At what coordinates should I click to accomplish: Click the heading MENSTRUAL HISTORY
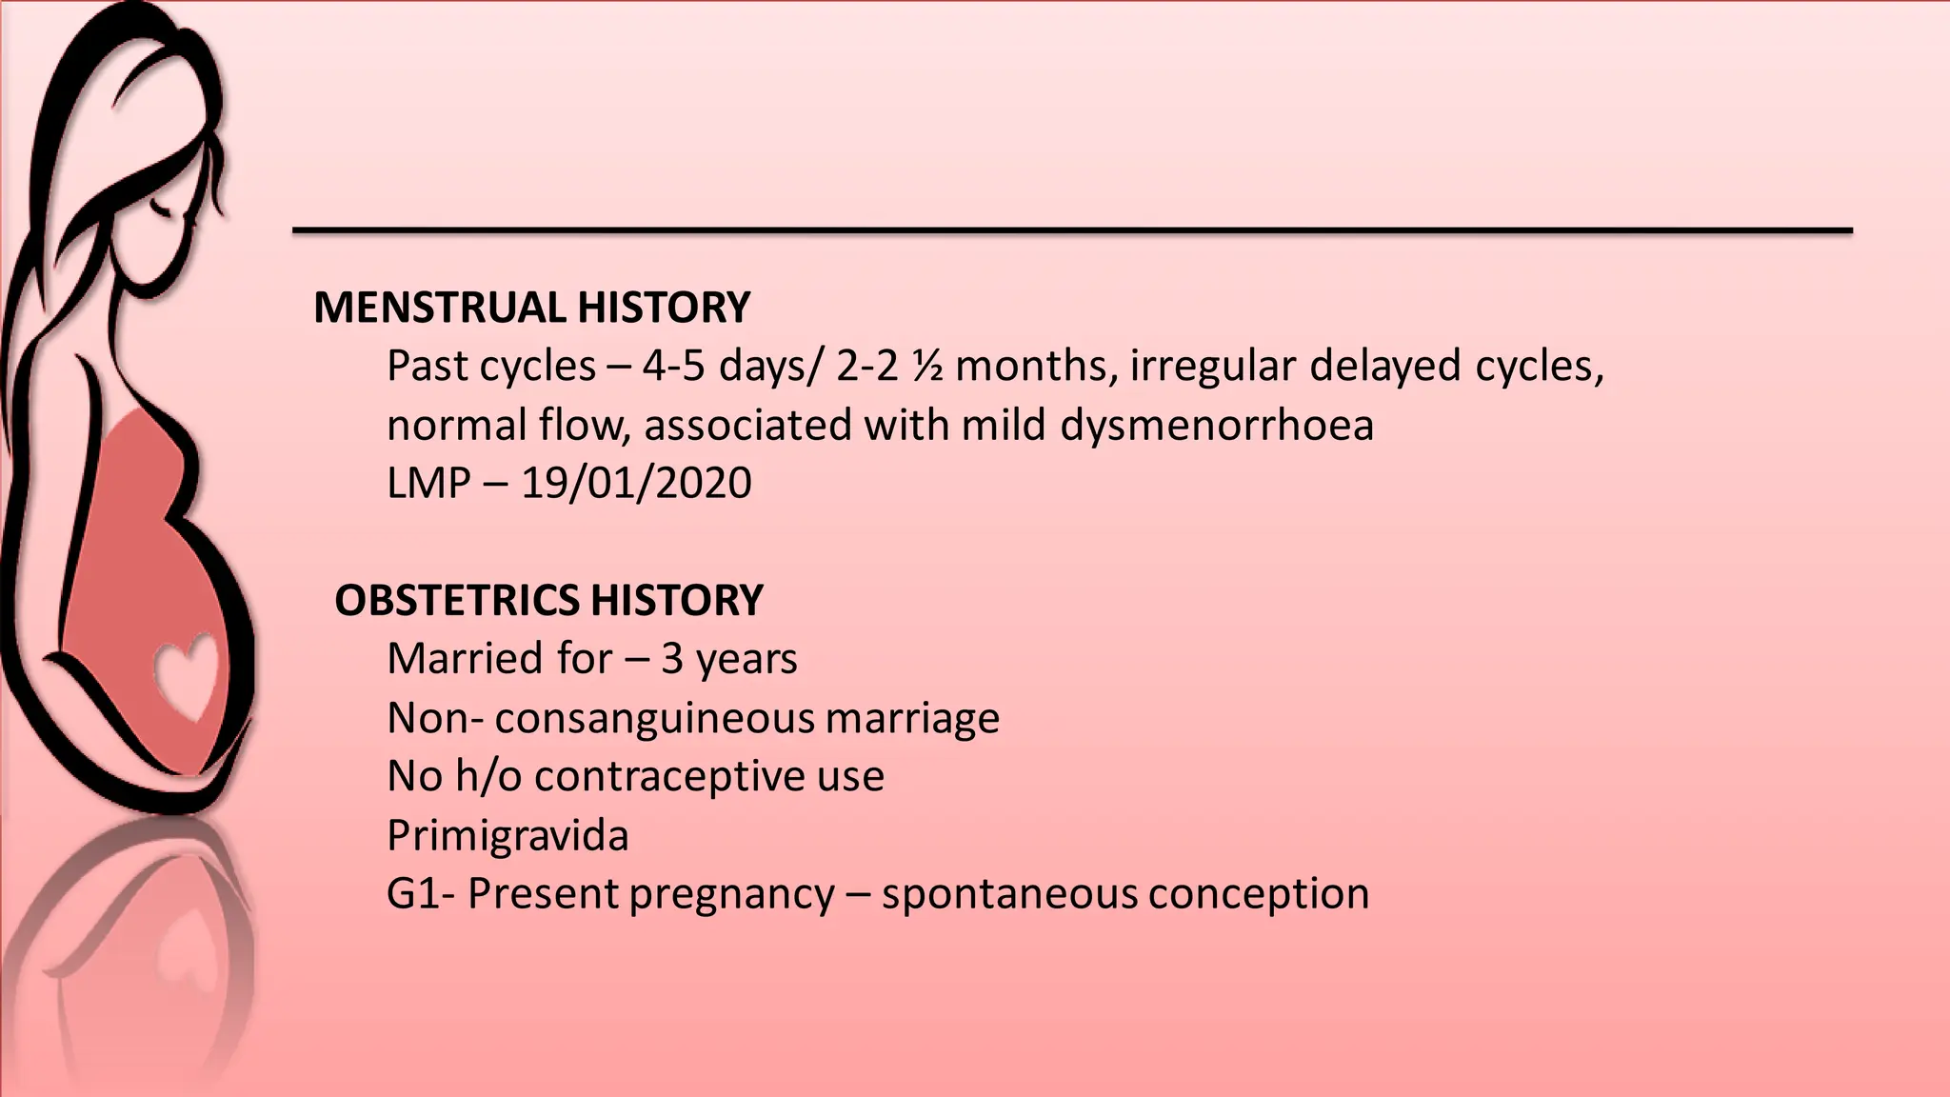click(x=531, y=308)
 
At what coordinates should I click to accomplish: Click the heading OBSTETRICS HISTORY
click(x=548, y=600)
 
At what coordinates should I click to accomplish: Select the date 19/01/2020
click(x=636, y=483)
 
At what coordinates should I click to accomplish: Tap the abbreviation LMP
click(x=428, y=483)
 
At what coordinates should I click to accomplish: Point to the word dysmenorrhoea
click(x=1217, y=425)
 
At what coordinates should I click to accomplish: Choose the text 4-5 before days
click(x=673, y=366)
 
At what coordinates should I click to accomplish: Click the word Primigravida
click(x=507, y=835)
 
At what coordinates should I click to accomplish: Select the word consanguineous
click(x=654, y=718)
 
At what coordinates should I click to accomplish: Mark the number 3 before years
click(x=671, y=659)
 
